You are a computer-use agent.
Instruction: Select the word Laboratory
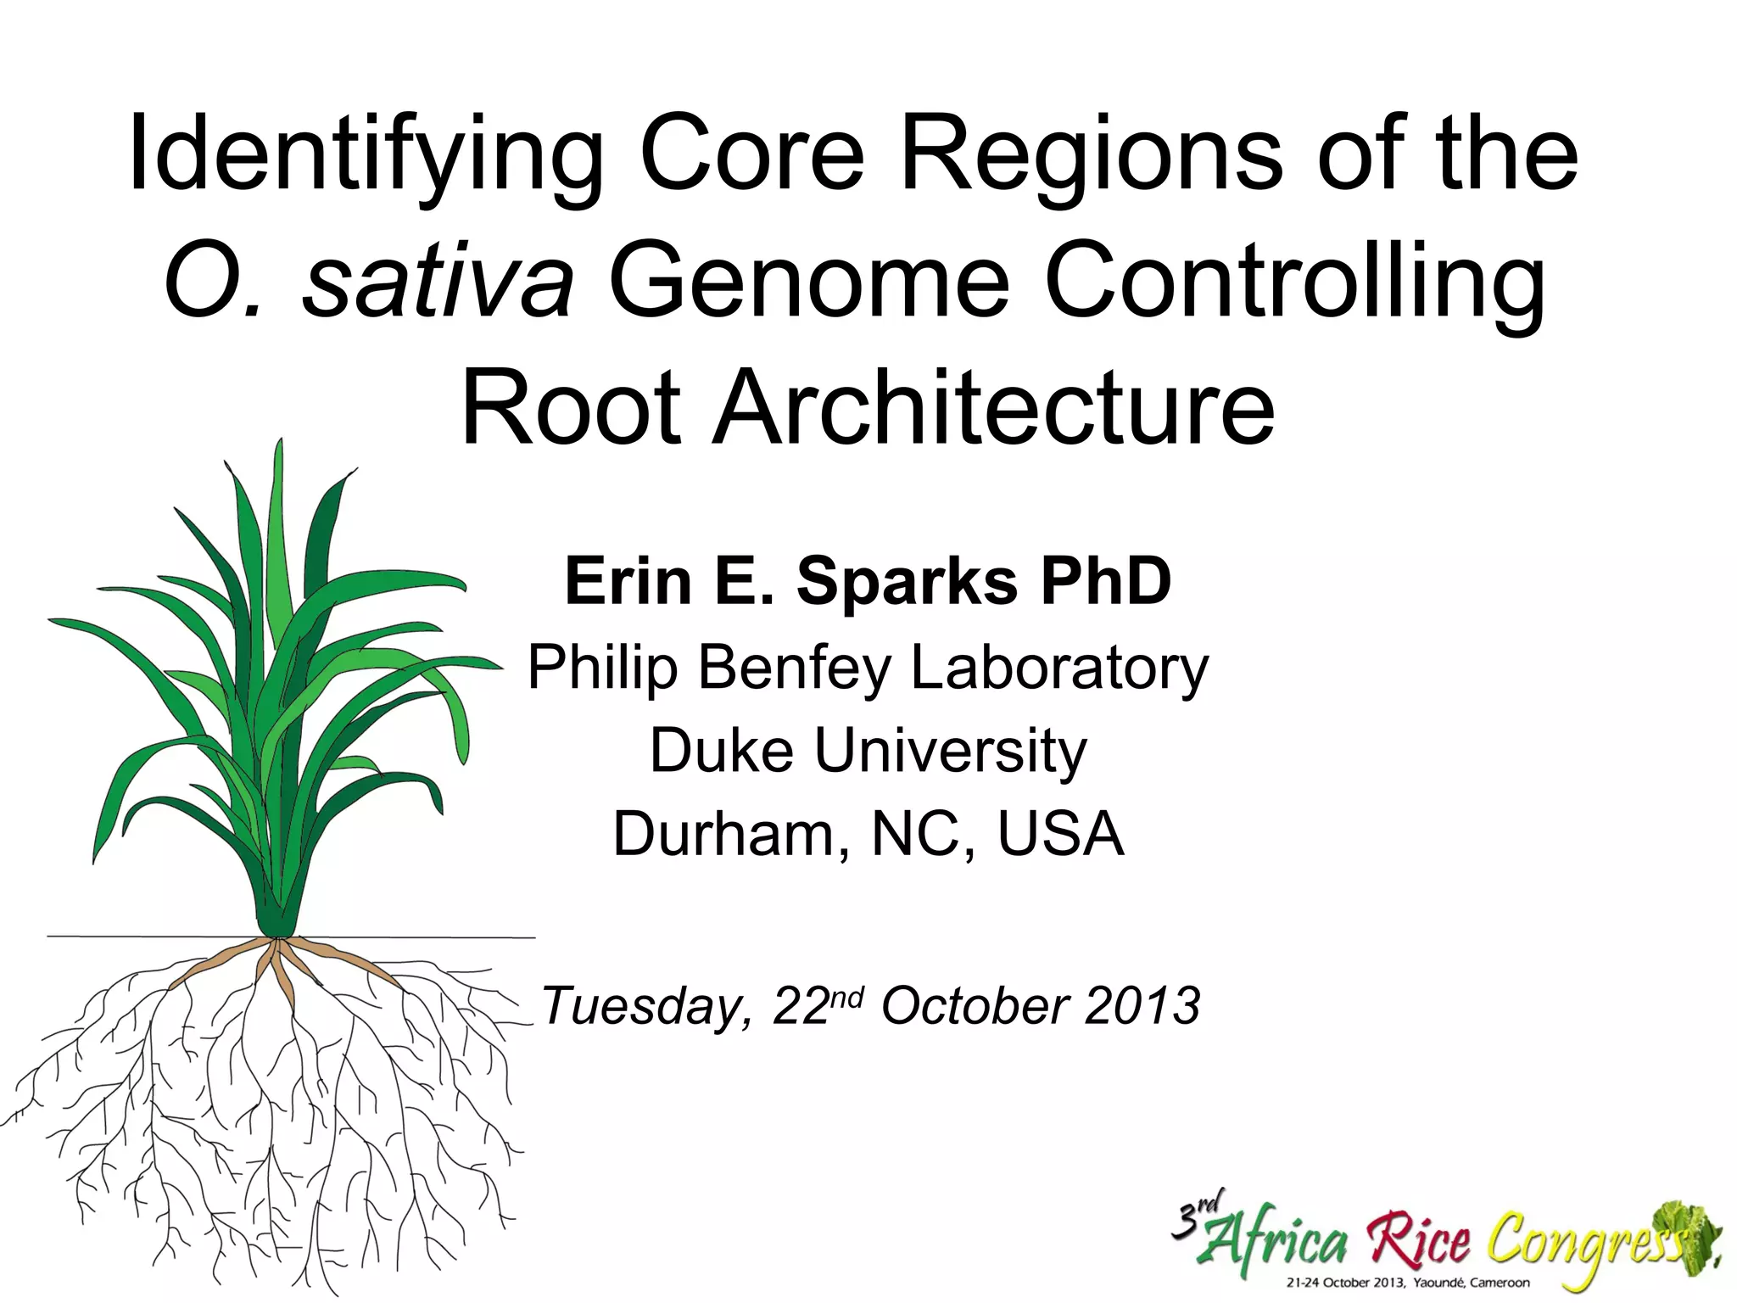[x=1059, y=668]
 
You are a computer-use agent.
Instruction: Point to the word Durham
[x=730, y=835]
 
